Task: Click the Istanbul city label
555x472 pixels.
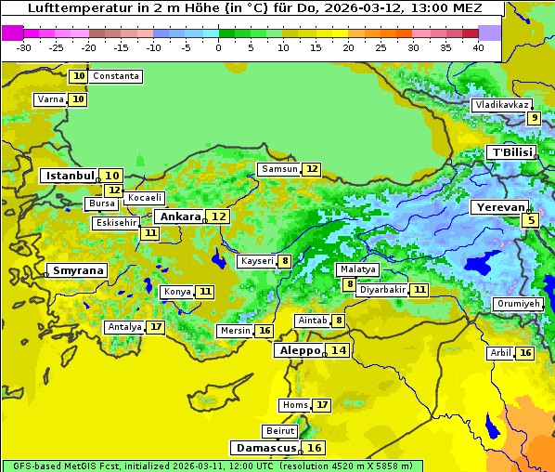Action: tap(70, 176)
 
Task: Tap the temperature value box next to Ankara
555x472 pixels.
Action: tap(218, 216)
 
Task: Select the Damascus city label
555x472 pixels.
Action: tap(266, 448)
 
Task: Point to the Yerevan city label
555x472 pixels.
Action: tap(498, 208)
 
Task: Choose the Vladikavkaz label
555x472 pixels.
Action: tap(501, 105)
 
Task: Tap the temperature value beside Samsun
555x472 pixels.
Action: tap(312, 169)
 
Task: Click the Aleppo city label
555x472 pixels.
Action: tap(298, 350)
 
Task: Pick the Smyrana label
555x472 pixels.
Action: tap(77, 271)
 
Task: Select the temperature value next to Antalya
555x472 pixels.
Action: tap(156, 327)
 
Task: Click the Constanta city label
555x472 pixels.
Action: tap(117, 76)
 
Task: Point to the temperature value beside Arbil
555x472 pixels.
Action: tap(525, 353)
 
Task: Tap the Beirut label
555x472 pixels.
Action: tap(280, 431)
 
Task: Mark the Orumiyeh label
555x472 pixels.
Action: tap(517, 304)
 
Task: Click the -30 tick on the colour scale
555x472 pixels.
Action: tap(23, 47)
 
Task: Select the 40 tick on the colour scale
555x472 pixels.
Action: tap(478, 47)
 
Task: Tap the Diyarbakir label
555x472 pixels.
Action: tap(382, 290)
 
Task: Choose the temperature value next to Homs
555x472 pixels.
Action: tap(321, 405)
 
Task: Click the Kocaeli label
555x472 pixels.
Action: tap(145, 198)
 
